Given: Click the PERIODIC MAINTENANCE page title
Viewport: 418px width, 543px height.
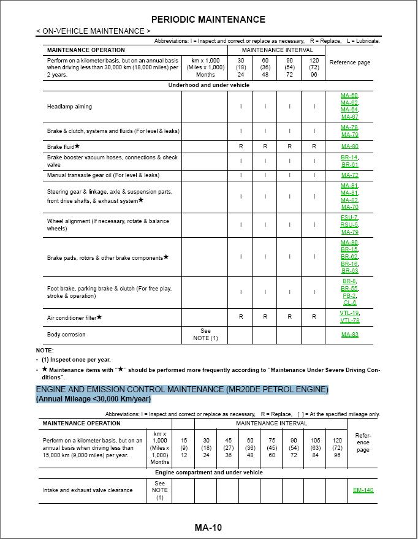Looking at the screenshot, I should pos(208,20).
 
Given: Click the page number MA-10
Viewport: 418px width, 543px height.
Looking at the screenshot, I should pos(208,528).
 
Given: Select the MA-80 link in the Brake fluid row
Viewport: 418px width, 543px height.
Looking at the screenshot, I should pos(349,147).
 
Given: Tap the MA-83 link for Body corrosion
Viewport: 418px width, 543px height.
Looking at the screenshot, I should pos(349,335).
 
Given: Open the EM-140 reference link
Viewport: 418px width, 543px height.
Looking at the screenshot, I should pos(363,490).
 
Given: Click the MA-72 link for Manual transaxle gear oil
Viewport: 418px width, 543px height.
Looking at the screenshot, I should pos(349,175).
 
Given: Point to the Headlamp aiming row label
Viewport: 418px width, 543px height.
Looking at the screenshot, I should pos(69,107).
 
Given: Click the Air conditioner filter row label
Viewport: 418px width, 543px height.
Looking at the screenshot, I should pos(74,317).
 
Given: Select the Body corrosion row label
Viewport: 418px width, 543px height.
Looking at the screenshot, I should pos(66,335).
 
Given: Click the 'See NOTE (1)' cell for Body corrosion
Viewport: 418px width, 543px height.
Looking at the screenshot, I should pos(205,335).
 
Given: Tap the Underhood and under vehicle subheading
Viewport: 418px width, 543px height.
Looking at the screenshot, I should pos(209,85).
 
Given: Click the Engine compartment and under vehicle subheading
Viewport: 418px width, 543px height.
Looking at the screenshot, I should pos(208,473).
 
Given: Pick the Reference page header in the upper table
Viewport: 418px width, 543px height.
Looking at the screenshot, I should pos(349,63).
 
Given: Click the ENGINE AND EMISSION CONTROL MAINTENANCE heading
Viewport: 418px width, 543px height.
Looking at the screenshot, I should pos(182,389).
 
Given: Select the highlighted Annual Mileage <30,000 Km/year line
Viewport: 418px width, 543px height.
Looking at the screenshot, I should pos(93,399).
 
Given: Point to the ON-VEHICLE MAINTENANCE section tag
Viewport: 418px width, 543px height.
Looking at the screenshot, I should pos(93,31).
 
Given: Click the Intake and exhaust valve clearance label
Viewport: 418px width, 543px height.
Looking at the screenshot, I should pos(88,490).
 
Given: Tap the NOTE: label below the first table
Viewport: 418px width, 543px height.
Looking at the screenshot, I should pos(45,351).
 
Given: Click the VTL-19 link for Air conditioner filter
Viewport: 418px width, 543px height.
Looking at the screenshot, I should pos(349,313).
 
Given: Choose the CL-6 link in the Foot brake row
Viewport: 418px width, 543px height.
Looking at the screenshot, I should pos(349,303).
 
